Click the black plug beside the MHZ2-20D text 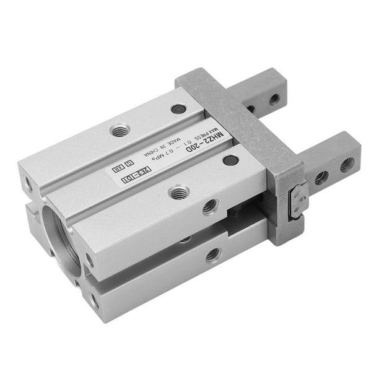pyautogui.click(x=230, y=160)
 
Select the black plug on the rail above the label pyautogui.click(x=178, y=109)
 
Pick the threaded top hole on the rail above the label pyautogui.click(x=120, y=130)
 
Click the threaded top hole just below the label pyautogui.click(x=179, y=192)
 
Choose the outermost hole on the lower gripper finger pyautogui.click(x=347, y=165)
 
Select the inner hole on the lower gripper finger pyautogui.click(x=321, y=178)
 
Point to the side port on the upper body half pyautogui.click(x=210, y=206)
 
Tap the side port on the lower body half pyautogui.click(x=212, y=254)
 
